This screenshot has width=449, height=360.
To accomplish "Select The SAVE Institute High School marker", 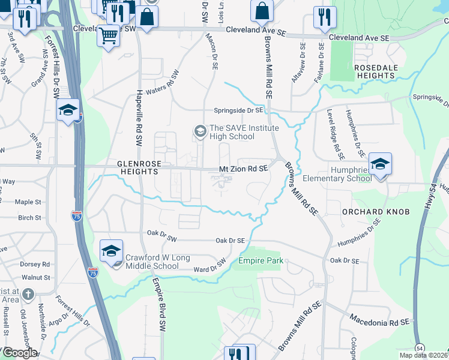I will pos(199,130).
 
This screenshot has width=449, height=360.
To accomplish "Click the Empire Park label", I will pos(261,261).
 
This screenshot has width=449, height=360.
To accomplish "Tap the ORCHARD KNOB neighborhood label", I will pos(367,212).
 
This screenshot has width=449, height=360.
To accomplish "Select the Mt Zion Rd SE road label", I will pos(243,170).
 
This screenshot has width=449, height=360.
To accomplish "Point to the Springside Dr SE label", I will pos(239,110).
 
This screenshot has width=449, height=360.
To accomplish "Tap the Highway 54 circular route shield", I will pos(420,348).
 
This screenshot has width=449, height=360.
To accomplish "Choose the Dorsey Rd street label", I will pos(34,264).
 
